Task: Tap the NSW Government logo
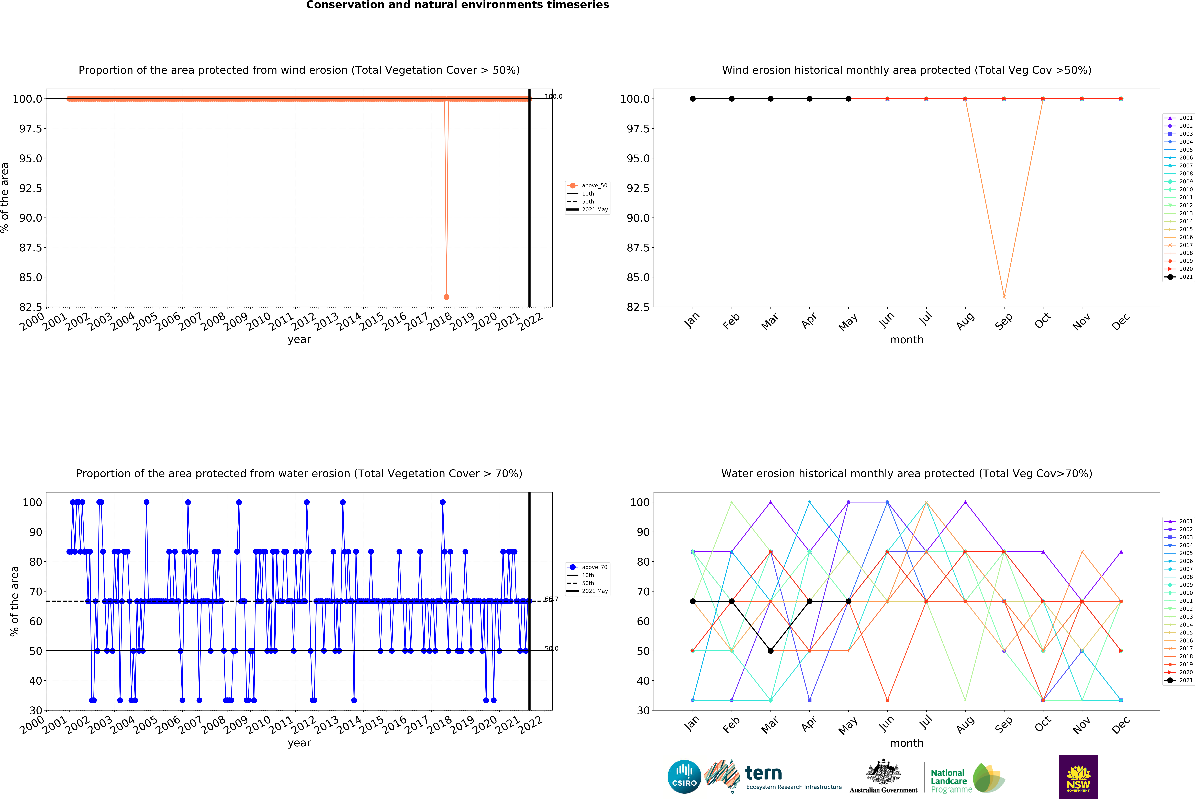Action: click(x=1078, y=777)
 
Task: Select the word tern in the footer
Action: click(x=764, y=773)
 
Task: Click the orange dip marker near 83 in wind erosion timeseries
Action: click(x=446, y=297)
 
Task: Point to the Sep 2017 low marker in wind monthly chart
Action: click(x=1004, y=297)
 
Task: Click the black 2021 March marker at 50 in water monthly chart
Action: click(x=770, y=651)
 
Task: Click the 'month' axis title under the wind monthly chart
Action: click(x=907, y=340)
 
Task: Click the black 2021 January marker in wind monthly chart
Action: click(x=693, y=99)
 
